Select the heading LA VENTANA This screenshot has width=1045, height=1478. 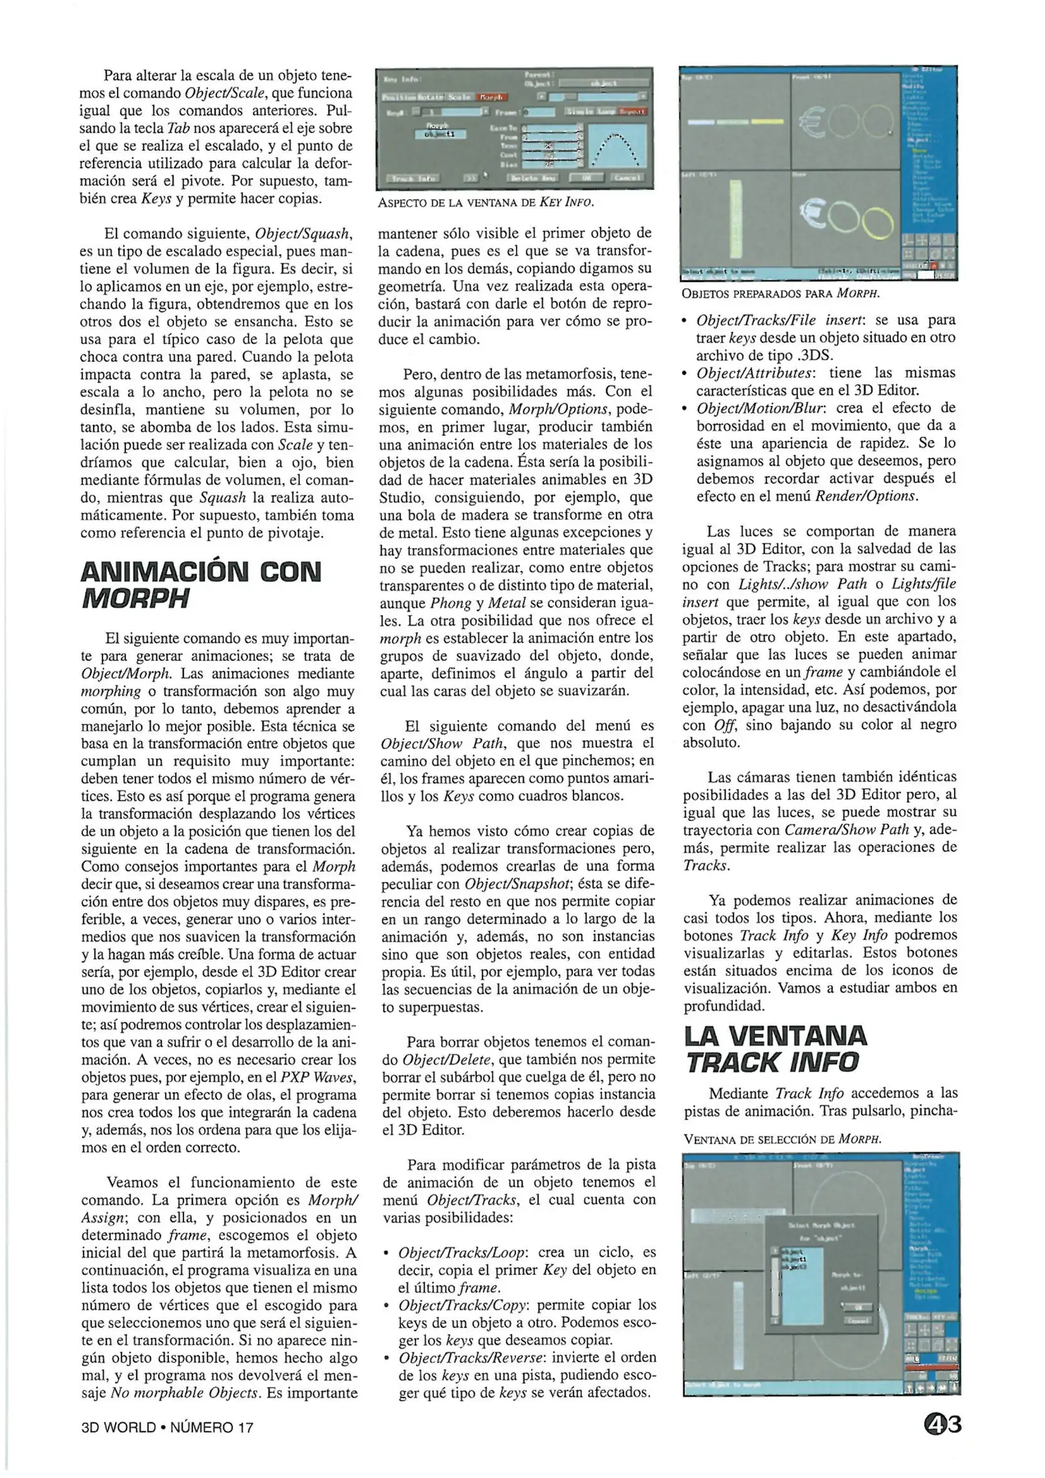click(775, 1036)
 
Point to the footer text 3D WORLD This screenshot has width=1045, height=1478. click(118, 1428)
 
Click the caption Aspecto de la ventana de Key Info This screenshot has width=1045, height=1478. click(486, 203)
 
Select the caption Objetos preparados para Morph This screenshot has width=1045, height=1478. click(780, 294)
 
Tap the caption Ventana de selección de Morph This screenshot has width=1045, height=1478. click(782, 1140)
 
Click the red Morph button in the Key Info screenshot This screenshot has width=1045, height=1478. click(490, 97)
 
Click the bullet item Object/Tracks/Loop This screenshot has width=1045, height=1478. click(462, 1252)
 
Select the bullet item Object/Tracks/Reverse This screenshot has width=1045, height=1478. click(471, 1358)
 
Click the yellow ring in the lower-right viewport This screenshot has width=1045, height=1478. click(878, 223)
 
